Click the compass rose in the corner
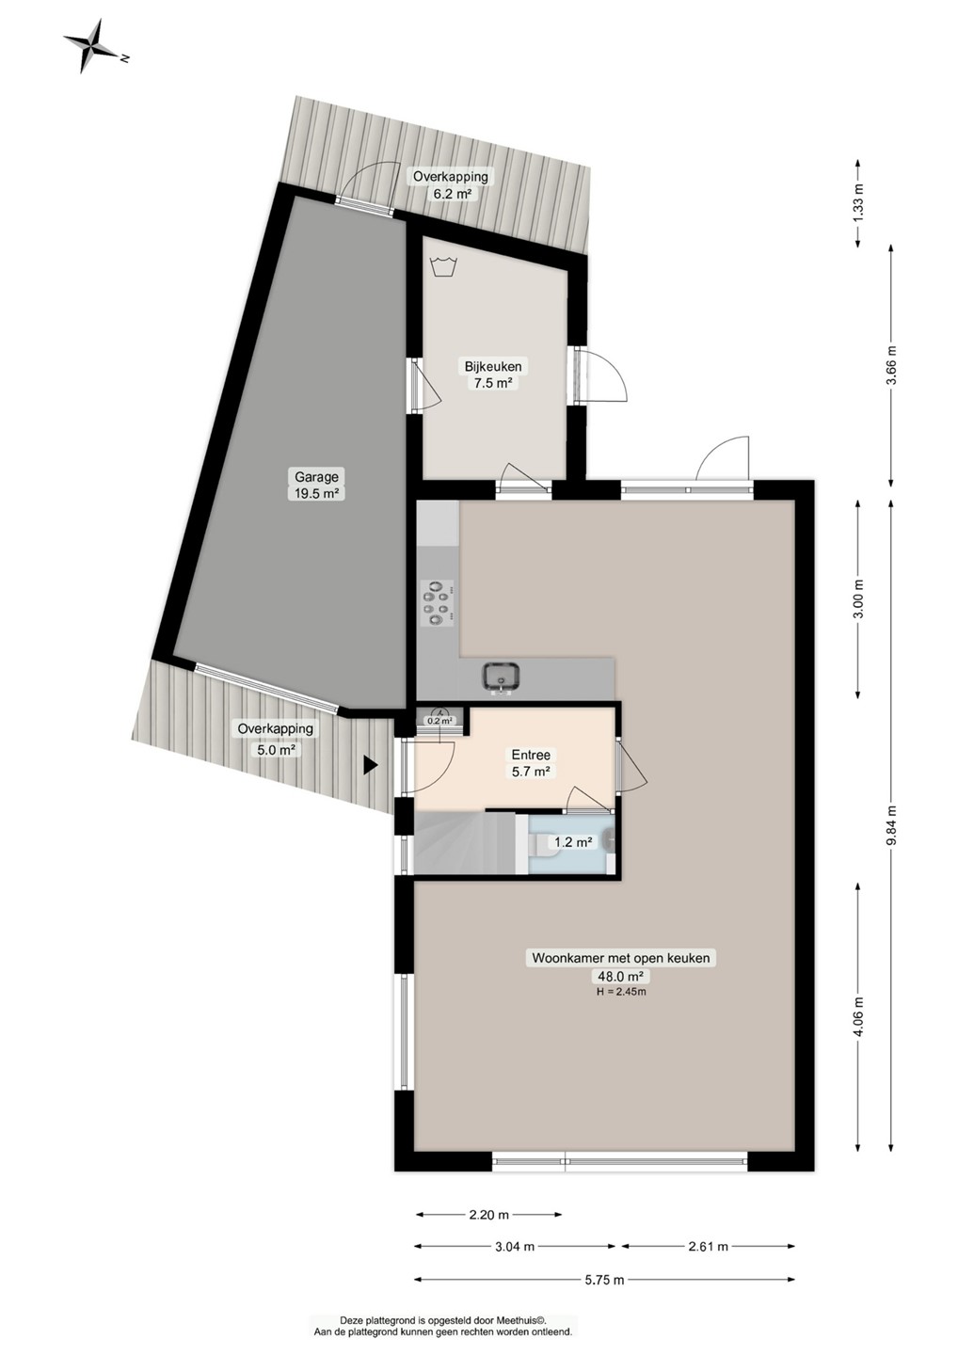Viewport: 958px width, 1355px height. (92, 47)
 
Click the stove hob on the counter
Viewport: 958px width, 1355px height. (438, 602)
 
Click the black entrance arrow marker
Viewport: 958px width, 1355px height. (370, 765)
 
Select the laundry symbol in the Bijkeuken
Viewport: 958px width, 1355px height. (443, 265)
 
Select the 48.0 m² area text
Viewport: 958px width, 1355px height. (620, 976)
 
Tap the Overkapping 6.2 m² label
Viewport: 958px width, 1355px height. (450, 185)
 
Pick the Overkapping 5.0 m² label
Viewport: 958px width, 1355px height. (275, 739)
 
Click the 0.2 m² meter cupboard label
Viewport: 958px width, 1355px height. (440, 721)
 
